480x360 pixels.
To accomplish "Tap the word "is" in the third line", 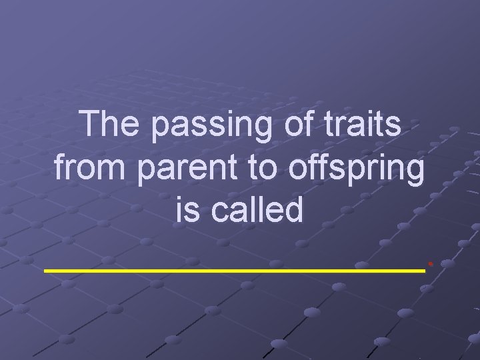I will pyautogui.click(x=187, y=210).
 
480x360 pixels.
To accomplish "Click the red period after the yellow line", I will pyautogui.click(x=431, y=265).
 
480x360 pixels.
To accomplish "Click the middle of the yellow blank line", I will pyautogui.click(x=235, y=270).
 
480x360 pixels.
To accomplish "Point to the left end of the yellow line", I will pyautogui.click(x=46, y=270).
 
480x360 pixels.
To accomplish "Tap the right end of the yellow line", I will pyautogui.click(x=423, y=270).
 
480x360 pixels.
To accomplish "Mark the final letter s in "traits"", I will pyautogui.click(x=394, y=126).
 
